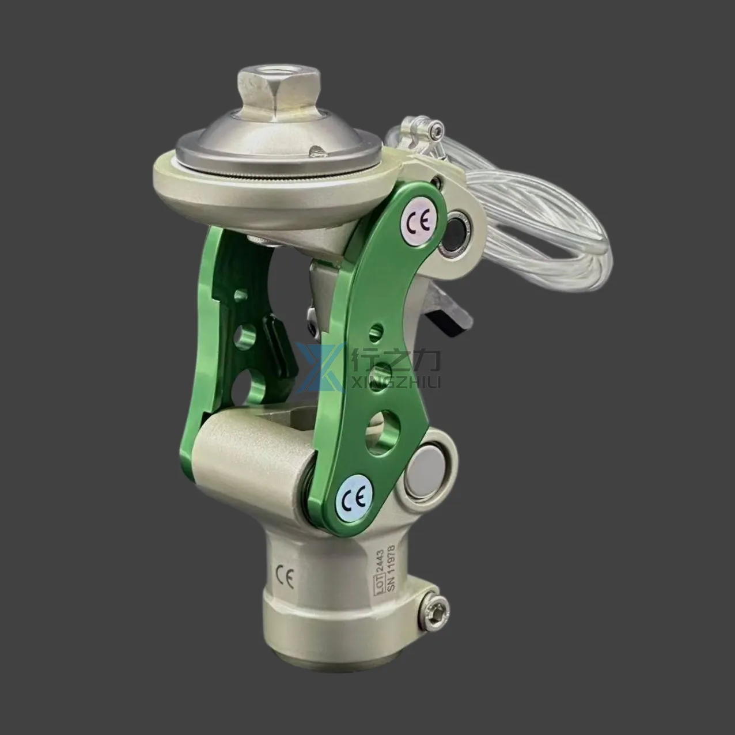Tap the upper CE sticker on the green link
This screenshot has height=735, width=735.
[x=418, y=222]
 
